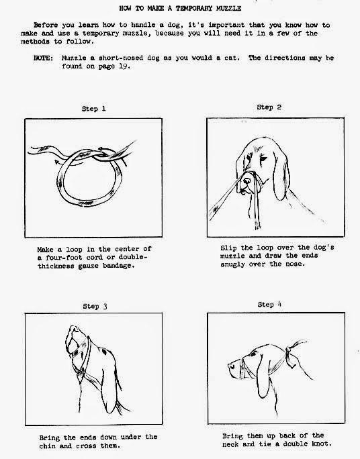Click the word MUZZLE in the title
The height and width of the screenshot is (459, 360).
pos(228,8)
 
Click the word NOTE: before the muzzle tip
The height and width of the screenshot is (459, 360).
pos(44,58)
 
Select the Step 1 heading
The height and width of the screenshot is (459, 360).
pos(94,109)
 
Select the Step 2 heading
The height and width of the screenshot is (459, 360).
pos(269,107)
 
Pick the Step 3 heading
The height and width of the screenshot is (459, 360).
pos(95,306)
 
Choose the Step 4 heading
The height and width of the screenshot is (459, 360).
pos(269,305)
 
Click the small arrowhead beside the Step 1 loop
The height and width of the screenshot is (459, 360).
pos(57,161)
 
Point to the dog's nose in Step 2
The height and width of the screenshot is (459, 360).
pos(246,181)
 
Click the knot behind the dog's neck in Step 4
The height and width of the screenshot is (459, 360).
pos(288,350)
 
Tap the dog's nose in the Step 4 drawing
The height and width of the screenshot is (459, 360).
pos(231,366)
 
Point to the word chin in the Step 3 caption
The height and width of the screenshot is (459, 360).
pos(47,446)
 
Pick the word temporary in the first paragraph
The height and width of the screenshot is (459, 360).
pos(101,34)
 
